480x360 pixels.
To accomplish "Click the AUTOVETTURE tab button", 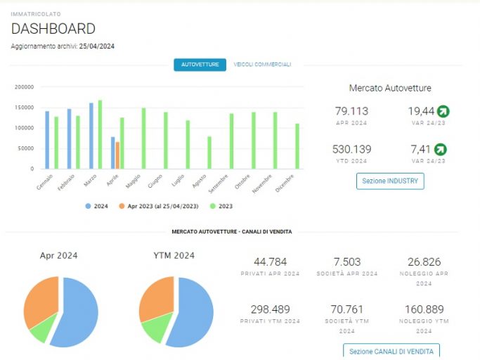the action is click(x=200, y=65).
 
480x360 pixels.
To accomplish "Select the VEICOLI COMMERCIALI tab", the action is click(x=262, y=65).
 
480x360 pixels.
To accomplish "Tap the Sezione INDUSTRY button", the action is click(x=390, y=181).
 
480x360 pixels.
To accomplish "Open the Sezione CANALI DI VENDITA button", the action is click(x=391, y=351).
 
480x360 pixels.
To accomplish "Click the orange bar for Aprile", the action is click(x=117, y=155).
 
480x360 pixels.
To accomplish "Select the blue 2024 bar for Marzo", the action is click(x=91, y=136).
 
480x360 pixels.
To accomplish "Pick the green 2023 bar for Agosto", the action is click(x=209, y=153).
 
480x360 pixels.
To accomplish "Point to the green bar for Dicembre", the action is click(x=297, y=146).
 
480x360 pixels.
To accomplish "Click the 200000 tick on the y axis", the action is click(x=24, y=87).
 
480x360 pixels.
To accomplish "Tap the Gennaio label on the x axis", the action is click(x=45, y=182).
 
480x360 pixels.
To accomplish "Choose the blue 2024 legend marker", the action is click(x=88, y=206).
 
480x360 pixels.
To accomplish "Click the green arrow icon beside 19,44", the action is click(x=443, y=111).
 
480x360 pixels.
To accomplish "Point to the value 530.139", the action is click(x=351, y=149).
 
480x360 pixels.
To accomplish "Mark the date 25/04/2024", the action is click(x=97, y=46).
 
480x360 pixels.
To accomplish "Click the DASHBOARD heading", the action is click(x=53, y=29).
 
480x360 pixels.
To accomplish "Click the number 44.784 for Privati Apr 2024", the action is click(x=271, y=262).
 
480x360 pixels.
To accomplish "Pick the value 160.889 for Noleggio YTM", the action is click(x=424, y=309).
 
